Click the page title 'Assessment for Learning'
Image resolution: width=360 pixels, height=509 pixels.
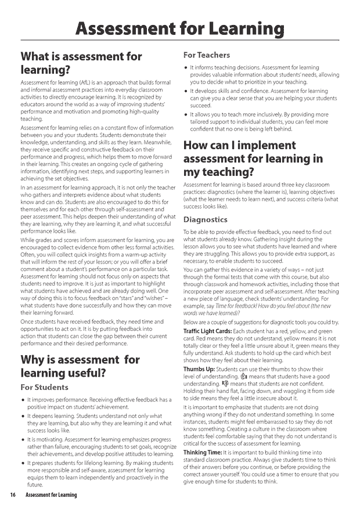[180, 28]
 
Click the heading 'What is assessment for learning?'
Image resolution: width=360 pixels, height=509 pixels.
[81, 63]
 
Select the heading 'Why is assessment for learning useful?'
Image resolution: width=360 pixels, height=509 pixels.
[80, 366]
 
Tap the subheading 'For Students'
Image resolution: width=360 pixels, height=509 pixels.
[44, 387]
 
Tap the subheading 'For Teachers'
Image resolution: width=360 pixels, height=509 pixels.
[207, 55]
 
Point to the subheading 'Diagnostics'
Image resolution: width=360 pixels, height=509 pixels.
[205, 219]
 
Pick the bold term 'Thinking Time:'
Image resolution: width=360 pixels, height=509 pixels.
[203, 452]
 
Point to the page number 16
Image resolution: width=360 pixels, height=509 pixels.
[12, 494]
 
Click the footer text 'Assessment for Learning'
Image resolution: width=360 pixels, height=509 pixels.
[51, 494]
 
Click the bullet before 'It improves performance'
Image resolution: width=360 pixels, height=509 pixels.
[23, 400]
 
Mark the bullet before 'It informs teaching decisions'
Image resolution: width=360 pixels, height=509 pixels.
[185, 68]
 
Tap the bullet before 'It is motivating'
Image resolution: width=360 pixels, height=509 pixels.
[23, 440]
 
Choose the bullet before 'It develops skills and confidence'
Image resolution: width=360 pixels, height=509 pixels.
[185, 92]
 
